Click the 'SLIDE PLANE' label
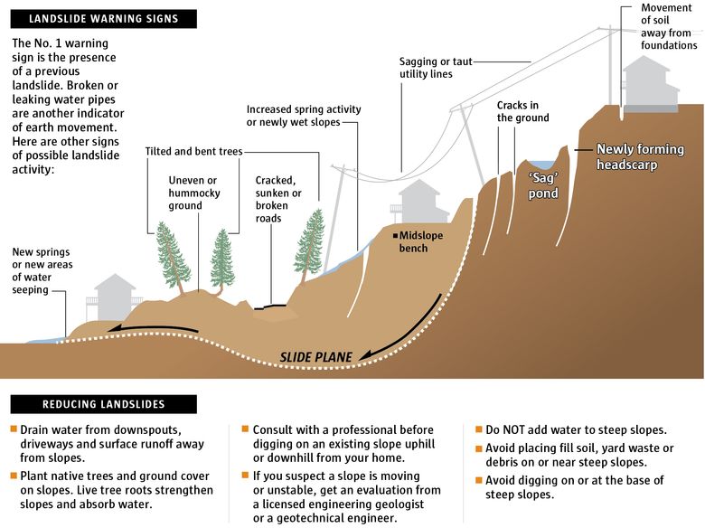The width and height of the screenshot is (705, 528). (x=315, y=357)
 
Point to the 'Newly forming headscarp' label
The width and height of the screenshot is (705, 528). (x=638, y=156)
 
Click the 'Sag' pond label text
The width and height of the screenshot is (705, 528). (x=543, y=186)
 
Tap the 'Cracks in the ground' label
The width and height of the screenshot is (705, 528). (x=522, y=111)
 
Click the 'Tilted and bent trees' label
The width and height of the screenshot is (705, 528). (x=193, y=151)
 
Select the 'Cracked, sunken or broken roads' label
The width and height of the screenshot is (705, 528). (x=278, y=193)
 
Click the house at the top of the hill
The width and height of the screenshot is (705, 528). (x=648, y=85)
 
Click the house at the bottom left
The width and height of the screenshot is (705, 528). (x=115, y=297)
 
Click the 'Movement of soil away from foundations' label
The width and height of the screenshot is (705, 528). (x=668, y=26)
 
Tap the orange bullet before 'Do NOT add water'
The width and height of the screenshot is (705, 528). (x=480, y=429)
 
